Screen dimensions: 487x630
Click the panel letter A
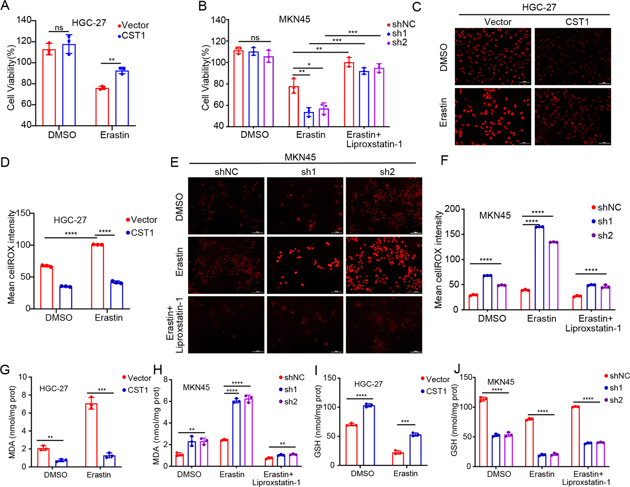click(5, 7)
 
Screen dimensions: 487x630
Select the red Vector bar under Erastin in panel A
click(102, 107)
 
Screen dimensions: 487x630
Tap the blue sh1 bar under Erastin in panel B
click(309, 119)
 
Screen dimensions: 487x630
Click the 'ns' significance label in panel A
click(59, 28)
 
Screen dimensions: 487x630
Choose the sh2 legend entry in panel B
click(399, 43)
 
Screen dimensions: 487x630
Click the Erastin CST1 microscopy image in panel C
click(572, 117)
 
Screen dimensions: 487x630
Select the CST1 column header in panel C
click(577, 22)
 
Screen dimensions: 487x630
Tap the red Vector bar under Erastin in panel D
click(97, 277)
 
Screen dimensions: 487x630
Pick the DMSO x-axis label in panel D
click(59, 318)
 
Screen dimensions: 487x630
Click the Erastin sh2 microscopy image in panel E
click(384, 265)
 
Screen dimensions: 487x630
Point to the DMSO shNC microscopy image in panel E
click(226, 206)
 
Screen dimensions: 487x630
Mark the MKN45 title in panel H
click(196, 388)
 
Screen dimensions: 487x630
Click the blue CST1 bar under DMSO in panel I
click(369, 436)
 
